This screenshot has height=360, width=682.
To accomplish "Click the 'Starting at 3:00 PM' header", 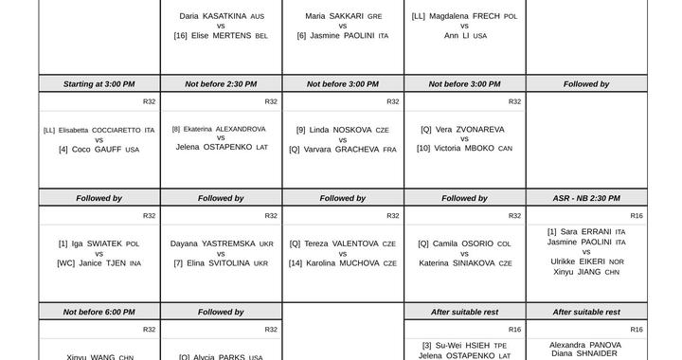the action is click(x=99, y=84).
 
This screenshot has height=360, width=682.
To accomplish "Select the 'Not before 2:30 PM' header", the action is click(x=221, y=84).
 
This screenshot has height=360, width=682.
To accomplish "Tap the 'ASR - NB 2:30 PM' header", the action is click(x=586, y=198).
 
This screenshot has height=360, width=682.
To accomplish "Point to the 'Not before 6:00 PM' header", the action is click(x=99, y=312).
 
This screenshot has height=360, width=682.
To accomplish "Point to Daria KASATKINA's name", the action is click(x=214, y=16).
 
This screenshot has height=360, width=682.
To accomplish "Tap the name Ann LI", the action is click(x=457, y=36).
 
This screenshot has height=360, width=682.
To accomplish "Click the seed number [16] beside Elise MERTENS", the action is click(x=181, y=36).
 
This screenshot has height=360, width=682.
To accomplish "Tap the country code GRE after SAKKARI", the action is click(x=375, y=17).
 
